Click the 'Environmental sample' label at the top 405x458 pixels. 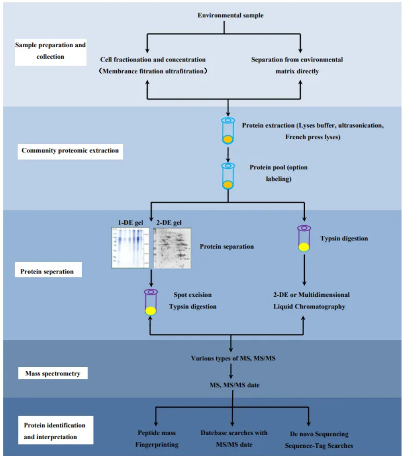click(230, 16)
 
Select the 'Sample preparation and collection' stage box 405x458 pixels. click(50, 51)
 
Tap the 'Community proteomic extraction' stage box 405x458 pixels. click(70, 150)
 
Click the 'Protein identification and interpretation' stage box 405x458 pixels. click(54, 431)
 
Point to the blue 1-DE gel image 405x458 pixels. click(132, 248)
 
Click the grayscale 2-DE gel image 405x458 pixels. click(172, 248)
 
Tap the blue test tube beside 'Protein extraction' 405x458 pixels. click(228, 131)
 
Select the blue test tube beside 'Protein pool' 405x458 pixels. click(228, 176)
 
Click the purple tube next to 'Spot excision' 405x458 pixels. click(150, 302)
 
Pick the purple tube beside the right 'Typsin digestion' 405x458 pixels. click(304, 238)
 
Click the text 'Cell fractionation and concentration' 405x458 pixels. click(153, 60)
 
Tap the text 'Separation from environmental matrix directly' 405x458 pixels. click(297, 66)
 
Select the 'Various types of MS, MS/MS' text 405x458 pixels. click(230, 358)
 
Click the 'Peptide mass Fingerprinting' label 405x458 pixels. click(158, 439)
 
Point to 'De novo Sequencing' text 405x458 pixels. click(319, 434)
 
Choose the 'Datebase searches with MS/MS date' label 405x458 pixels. click(234, 438)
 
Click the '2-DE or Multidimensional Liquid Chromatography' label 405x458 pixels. click(311, 301)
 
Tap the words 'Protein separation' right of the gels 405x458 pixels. click(227, 247)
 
